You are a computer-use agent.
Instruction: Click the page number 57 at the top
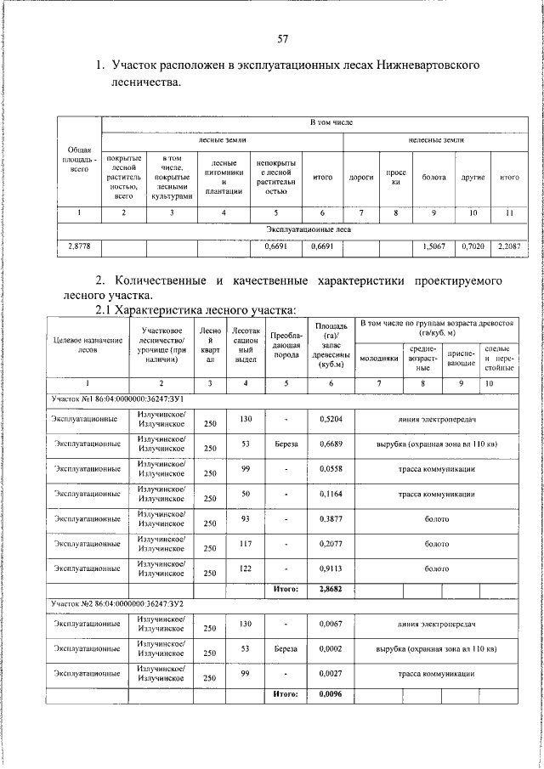283,38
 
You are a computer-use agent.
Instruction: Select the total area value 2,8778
79,246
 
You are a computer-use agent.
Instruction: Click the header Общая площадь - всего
79,159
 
